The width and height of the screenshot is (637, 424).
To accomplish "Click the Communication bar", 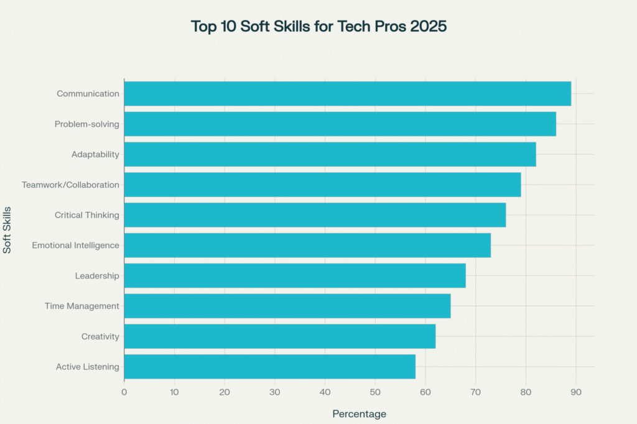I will tap(347, 93).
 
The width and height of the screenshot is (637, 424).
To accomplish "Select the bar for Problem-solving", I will tap(340, 124).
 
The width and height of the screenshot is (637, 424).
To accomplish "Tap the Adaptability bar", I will tap(330, 154).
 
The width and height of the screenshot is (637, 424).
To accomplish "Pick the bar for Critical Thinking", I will tap(315, 215).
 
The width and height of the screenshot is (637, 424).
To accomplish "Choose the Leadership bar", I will tap(295, 275).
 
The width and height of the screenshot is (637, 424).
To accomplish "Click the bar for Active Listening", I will tap(269, 367).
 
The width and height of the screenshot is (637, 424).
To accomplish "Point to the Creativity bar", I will tap(279, 336).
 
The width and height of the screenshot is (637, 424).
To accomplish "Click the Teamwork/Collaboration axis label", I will tap(70, 185).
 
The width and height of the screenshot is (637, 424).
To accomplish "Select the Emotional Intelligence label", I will tap(75, 246).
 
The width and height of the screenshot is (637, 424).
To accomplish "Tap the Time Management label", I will tap(81, 306).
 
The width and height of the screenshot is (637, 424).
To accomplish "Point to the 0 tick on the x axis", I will tap(124, 392).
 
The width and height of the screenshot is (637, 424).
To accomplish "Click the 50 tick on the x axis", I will tap(375, 392).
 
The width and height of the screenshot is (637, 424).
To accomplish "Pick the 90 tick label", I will tap(576, 392).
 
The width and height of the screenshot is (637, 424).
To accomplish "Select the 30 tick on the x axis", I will tap(275, 392).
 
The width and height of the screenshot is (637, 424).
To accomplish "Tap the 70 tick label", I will tap(476, 392).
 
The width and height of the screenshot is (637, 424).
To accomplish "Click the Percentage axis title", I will tap(359, 414).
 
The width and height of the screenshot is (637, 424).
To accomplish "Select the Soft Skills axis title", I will tap(7, 229).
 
